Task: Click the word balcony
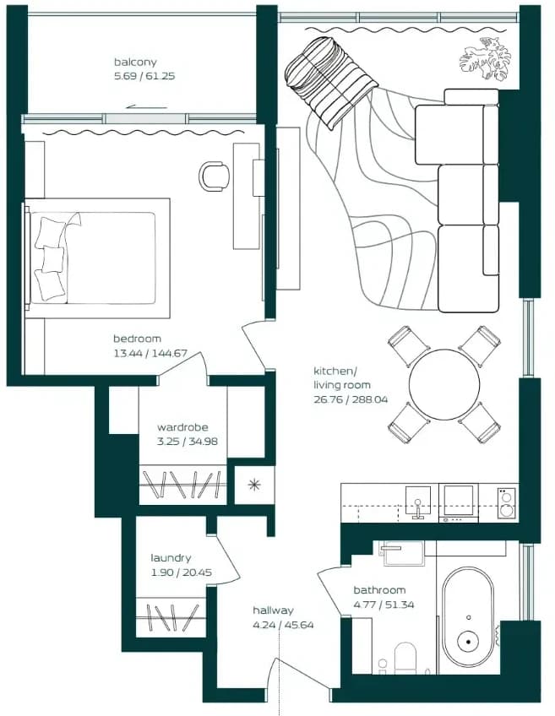pos(135,62)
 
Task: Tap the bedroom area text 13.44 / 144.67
pos(150,353)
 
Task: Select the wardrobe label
pos(182,427)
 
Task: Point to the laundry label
pos(171,558)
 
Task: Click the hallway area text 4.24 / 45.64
pos(283,625)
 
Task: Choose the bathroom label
pos(379,590)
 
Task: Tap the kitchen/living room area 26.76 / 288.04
pos(351,399)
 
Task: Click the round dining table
pos(444,384)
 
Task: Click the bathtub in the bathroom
pos(468,617)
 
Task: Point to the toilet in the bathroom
pos(405,658)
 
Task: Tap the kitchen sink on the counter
pos(418,502)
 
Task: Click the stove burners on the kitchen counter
pos(506,502)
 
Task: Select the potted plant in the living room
pos(485,59)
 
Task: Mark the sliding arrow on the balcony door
pos(147,107)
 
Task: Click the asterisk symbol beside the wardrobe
pos(254,485)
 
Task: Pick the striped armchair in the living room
pos(329,81)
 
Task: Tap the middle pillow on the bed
pos(53,259)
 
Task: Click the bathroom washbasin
pos(404,553)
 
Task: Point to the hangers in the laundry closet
pos(172,618)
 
